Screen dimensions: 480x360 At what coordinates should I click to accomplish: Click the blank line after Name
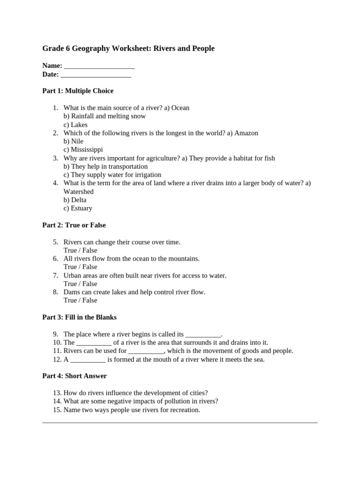point(99,66)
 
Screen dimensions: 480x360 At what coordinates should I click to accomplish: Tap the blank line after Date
point(96,75)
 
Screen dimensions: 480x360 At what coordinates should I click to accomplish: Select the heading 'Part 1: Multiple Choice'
point(78,91)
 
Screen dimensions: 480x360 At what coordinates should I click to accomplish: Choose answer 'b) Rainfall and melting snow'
point(105,116)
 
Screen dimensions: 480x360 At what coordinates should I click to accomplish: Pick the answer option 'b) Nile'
point(73,141)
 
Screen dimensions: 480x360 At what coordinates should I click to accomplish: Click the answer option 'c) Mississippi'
point(83,150)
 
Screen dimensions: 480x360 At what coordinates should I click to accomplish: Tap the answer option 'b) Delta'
point(75,200)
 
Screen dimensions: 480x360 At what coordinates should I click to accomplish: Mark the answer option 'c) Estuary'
point(78,208)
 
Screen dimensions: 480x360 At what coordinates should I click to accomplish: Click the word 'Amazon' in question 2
point(246,133)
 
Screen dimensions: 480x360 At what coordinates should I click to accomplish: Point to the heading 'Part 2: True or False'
point(74,225)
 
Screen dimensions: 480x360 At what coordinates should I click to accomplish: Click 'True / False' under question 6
point(80,267)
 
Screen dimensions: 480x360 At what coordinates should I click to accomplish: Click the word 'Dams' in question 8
point(72,292)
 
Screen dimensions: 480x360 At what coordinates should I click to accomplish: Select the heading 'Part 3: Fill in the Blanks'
point(79,317)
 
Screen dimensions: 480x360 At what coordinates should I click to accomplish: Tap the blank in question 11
point(146,351)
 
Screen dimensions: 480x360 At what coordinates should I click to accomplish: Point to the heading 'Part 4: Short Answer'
point(75,376)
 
